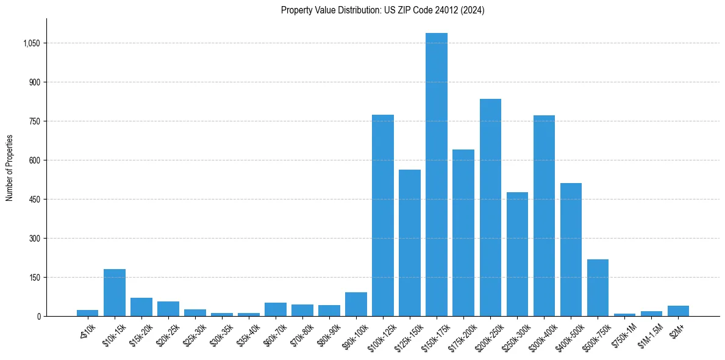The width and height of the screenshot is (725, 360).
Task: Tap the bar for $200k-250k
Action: (x=490, y=207)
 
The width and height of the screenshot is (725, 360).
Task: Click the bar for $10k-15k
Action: (x=115, y=293)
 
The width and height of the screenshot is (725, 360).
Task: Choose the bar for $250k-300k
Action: (x=517, y=254)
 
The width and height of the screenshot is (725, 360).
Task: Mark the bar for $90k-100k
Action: (x=356, y=304)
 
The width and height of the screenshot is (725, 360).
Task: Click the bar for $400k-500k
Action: (x=571, y=250)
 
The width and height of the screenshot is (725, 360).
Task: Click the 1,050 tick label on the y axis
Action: (x=32, y=43)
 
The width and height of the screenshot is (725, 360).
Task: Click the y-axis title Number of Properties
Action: (x=10, y=168)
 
